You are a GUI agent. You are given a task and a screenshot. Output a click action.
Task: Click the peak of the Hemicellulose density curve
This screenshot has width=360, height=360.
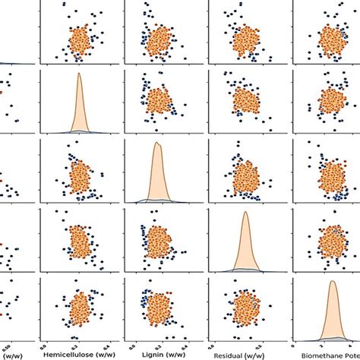tap(79, 75)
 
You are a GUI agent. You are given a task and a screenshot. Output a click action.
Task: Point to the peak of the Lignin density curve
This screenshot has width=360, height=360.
tap(156, 143)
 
